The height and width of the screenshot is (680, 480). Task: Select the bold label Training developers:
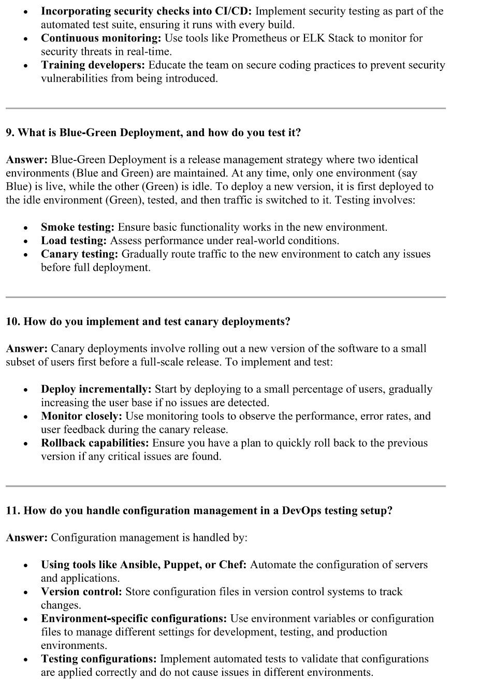93,65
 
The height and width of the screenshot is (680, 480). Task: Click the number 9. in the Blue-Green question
10,132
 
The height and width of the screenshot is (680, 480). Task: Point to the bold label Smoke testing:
78,227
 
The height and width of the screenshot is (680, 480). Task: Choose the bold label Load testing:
74,241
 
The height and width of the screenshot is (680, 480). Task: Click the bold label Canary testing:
80,254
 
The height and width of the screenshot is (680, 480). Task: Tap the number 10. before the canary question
13,321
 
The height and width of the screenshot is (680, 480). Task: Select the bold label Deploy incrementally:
96,389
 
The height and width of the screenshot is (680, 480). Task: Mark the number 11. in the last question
13,511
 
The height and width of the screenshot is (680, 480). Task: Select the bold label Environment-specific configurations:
134,618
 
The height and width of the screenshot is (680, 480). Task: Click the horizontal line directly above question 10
225,297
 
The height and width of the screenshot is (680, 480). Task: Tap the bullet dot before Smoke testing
25,228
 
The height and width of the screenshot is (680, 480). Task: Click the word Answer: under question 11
27,538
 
